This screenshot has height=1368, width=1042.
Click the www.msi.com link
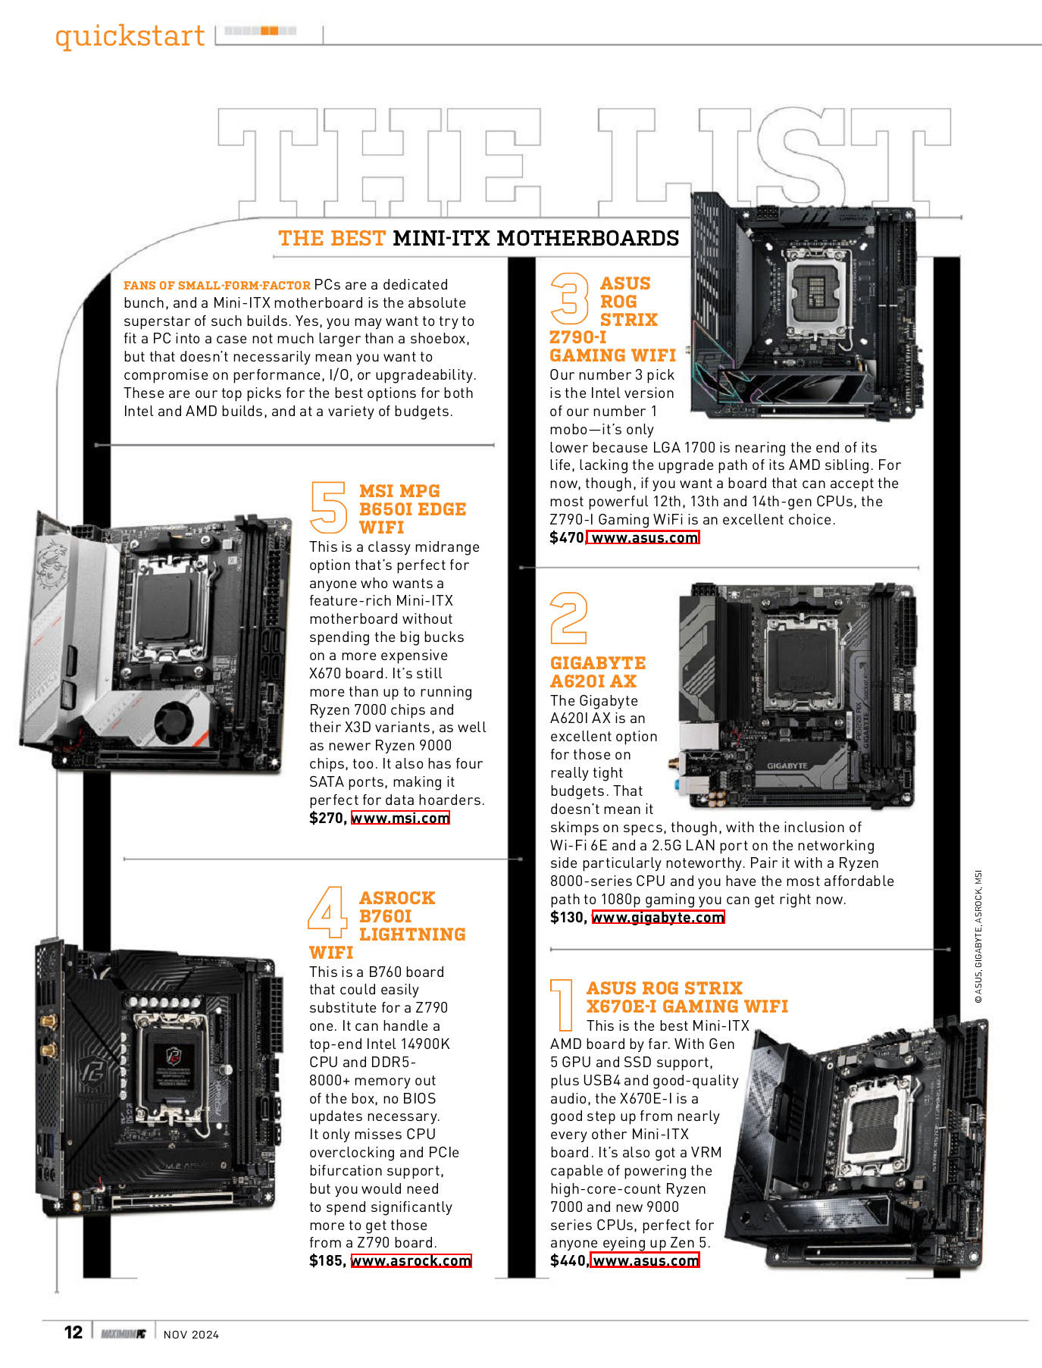pos(400,818)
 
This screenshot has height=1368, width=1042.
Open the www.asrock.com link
pos(411,1260)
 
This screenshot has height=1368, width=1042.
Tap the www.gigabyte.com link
pos(658,917)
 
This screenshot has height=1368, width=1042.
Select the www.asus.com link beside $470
pos(643,537)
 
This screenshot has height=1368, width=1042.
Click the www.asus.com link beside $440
pos(645,1260)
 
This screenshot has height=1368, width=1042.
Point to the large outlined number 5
pos(329,508)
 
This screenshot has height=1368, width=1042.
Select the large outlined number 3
pos(569,299)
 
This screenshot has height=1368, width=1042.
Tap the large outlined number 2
pos(568,618)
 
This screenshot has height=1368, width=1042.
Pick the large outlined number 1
pos(562,1005)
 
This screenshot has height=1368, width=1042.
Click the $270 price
pos(327,818)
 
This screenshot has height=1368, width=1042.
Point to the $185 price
pos(327,1260)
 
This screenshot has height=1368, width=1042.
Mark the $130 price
pos(568,917)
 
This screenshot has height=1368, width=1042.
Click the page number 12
pos(74,1332)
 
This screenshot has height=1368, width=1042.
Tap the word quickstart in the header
pos(130,36)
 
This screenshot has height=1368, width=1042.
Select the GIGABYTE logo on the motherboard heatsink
pos(787,765)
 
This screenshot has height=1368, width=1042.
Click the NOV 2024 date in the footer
pos(191,1335)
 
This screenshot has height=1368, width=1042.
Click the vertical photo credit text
pos(978,937)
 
